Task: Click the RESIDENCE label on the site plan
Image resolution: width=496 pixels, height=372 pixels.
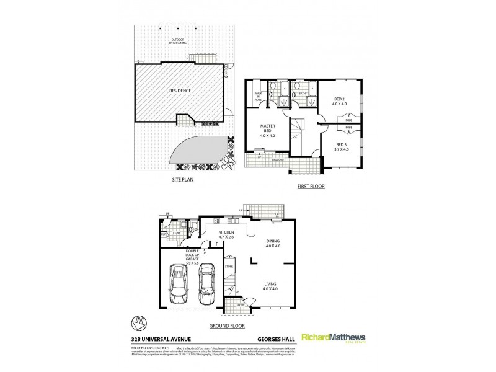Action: (179, 91)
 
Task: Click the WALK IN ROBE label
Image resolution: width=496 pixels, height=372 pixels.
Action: (257, 97)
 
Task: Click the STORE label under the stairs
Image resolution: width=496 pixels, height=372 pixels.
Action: (228, 268)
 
